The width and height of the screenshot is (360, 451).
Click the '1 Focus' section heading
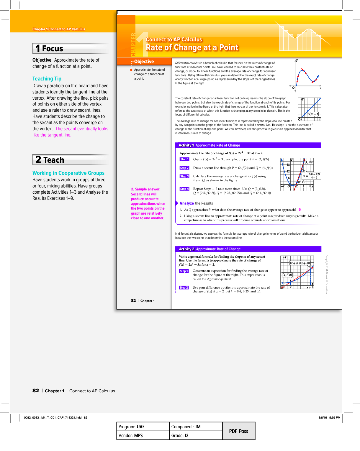pos(49,49)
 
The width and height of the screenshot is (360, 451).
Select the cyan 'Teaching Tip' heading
pos(47,79)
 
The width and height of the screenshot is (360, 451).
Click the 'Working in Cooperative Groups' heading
pos(68,173)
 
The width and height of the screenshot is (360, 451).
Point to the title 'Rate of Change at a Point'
pos(192,48)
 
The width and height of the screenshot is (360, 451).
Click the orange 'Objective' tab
pos(144,62)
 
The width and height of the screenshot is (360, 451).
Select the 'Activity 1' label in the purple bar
pos(186,145)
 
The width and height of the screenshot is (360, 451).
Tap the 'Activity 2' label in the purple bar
pos(186,249)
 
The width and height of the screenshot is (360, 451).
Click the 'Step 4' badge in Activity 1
pos(184,189)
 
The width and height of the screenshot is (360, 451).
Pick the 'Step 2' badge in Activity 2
pos(184,288)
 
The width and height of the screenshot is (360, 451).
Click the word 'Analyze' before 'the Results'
pos(186,203)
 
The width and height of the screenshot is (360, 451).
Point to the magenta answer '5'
pos(300,210)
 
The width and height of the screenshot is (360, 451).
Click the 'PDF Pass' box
pos(239,431)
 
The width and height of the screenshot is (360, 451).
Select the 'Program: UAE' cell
pos(132,427)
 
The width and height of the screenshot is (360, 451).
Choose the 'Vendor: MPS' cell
pos(131,436)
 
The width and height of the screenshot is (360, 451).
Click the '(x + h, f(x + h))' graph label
pos(300,263)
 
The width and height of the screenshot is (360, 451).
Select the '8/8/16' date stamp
pos(323,418)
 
